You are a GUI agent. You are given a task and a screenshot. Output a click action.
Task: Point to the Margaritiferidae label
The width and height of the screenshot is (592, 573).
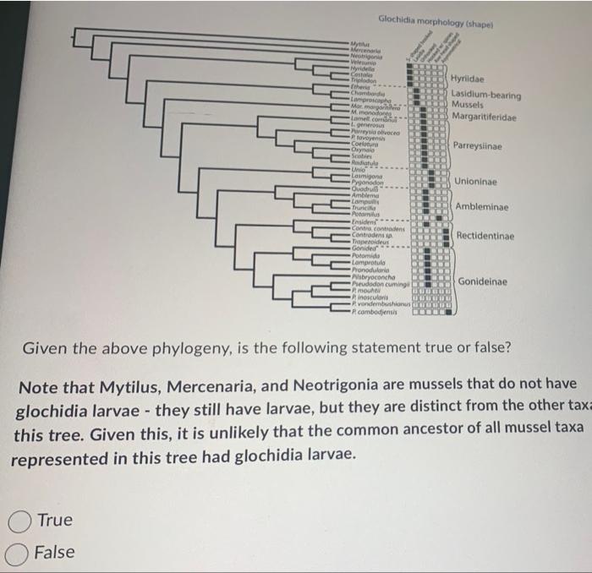click(486, 116)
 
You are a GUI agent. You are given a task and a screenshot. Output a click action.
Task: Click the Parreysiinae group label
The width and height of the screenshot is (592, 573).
click(478, 147)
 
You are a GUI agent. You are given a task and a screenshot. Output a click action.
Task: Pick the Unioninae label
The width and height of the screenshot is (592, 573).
click(476, 182)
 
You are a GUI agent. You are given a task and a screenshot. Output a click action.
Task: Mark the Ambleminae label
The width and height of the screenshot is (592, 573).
click(482, 207)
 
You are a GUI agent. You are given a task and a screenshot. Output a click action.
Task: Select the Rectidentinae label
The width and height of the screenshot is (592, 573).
click(485, 235)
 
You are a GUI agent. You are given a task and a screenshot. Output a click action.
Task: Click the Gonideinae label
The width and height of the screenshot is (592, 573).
click(483, 281)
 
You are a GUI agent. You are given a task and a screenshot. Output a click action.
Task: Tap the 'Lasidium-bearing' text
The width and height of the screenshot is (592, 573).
click(486, 95)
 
